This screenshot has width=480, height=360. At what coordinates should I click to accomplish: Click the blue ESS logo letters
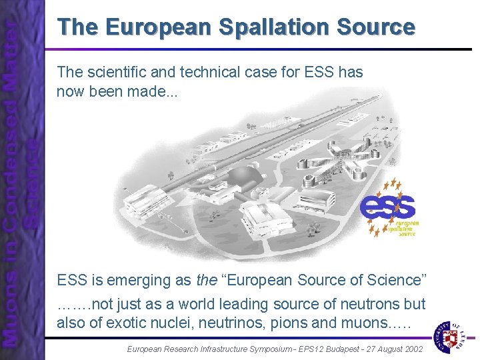pos(387,207)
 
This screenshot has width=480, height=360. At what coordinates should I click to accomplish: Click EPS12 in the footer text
pos(288,348)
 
